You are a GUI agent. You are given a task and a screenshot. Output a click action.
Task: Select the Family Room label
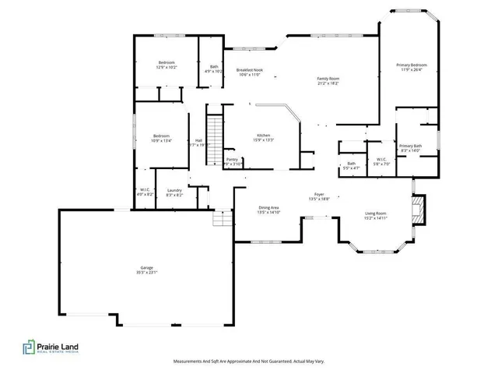328,80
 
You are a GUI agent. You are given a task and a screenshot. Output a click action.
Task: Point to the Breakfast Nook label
250,72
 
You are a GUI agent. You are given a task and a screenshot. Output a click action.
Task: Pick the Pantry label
233,161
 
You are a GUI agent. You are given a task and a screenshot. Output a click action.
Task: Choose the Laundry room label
174,192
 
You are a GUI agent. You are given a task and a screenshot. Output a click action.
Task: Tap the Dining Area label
268,209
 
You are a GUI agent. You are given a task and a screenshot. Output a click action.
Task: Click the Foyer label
319,196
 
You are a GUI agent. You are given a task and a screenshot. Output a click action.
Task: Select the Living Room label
376,215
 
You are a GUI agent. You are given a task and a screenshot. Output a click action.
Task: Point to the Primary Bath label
410,148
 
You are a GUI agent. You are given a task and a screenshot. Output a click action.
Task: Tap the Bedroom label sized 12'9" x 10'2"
167,65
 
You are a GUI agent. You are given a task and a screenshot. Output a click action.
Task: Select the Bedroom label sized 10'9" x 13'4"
161,139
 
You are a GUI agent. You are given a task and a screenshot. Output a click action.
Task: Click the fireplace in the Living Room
420,209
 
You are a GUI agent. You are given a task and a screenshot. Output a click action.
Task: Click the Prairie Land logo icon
29,348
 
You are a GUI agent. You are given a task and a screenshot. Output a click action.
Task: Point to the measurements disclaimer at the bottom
248,362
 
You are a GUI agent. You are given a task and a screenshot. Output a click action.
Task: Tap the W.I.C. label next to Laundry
145,192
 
